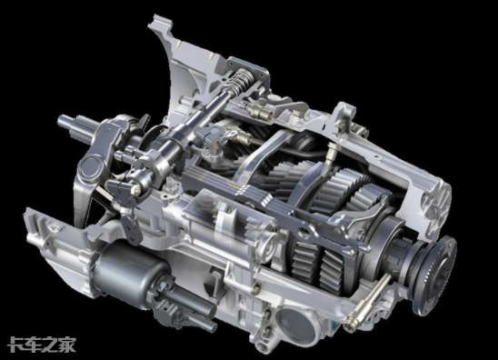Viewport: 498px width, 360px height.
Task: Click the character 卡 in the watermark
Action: [x=15, y=345]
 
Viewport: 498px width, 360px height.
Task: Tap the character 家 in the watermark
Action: [x=67, y=345]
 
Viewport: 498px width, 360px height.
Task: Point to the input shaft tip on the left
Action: [x=64, y=121]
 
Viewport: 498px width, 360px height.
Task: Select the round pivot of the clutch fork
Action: [x=90, y=167]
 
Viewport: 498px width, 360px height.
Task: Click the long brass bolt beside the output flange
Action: [x=368, y=299]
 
